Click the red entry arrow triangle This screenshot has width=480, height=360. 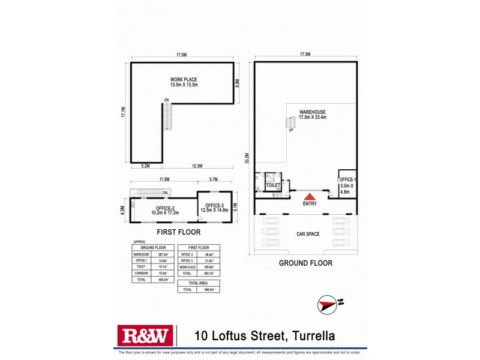pos(310,196)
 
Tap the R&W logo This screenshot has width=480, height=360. pos(145,335)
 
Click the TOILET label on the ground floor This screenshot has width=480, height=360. pos(273,186)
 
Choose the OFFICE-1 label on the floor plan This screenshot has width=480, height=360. pos(347,180)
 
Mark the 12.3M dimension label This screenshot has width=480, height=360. pos(196,166)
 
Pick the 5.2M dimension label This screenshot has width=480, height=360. pos(145,166)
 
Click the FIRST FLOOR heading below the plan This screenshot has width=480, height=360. pos(178,232)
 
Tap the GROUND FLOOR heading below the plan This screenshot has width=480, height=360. pos(305,263)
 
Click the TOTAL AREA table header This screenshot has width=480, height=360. pos(199,282)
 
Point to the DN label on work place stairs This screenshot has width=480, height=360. pos(166,100)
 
